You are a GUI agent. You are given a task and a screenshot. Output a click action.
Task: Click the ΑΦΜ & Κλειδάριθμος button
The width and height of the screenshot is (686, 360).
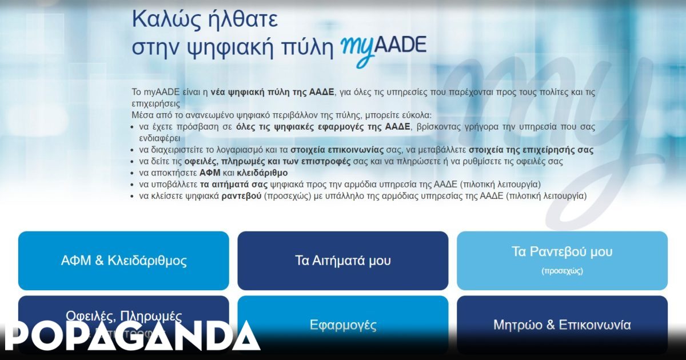[123, 261]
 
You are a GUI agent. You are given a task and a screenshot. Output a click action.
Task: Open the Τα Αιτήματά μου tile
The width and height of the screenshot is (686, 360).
[343, 261]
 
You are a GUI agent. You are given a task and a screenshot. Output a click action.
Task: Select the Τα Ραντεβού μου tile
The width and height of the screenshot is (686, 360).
[562, 260]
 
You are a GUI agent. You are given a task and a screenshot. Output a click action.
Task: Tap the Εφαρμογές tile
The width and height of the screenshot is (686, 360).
[343, 325]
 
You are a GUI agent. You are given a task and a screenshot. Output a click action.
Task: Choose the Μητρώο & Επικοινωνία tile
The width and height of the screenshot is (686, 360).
[562, 325]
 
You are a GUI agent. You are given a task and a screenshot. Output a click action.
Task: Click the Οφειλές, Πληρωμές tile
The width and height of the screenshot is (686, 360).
[123, 315]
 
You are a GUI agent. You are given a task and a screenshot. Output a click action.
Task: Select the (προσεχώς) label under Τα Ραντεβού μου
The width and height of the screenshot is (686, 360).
[562, 271]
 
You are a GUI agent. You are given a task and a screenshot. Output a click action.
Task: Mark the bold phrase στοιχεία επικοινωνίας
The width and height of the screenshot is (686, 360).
[341, 150]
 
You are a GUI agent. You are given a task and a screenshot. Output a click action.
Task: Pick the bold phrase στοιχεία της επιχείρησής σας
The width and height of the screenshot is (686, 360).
[531, 150]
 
